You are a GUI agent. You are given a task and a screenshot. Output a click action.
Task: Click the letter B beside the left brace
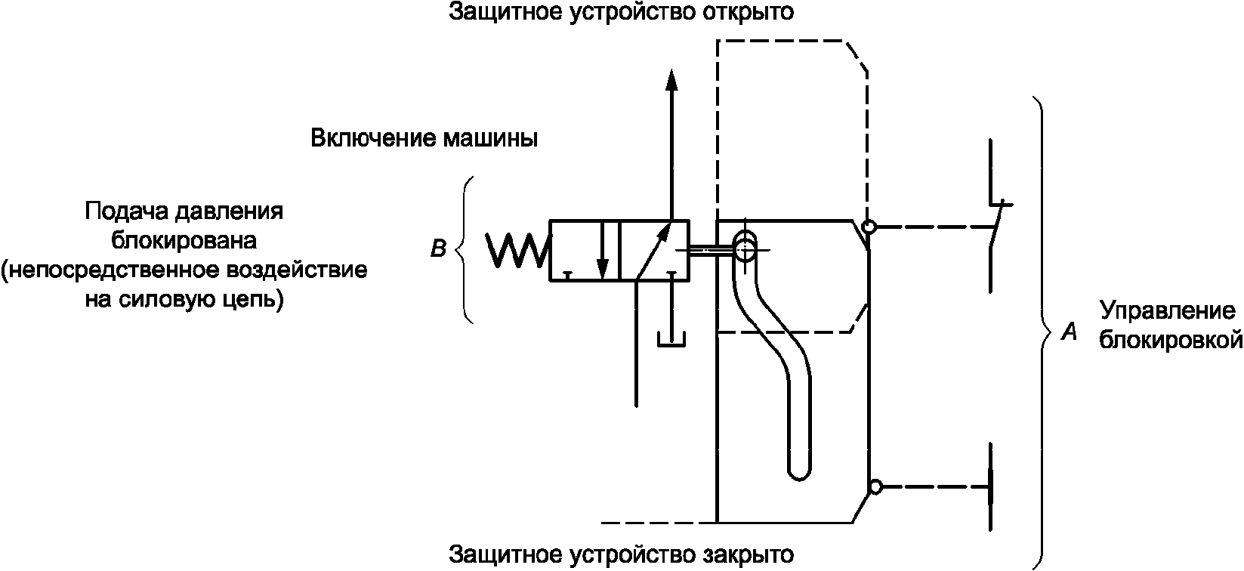coord(438,248)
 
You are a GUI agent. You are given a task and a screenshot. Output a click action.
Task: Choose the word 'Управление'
coord(1167,312)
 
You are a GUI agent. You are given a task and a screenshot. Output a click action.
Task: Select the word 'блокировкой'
coord(1171,340)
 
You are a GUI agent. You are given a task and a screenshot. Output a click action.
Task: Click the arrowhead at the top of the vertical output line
coord(670,80)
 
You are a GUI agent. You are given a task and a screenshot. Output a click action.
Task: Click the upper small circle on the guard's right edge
coord(869,227)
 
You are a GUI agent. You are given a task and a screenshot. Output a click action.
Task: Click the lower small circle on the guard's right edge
coord(875,487)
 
